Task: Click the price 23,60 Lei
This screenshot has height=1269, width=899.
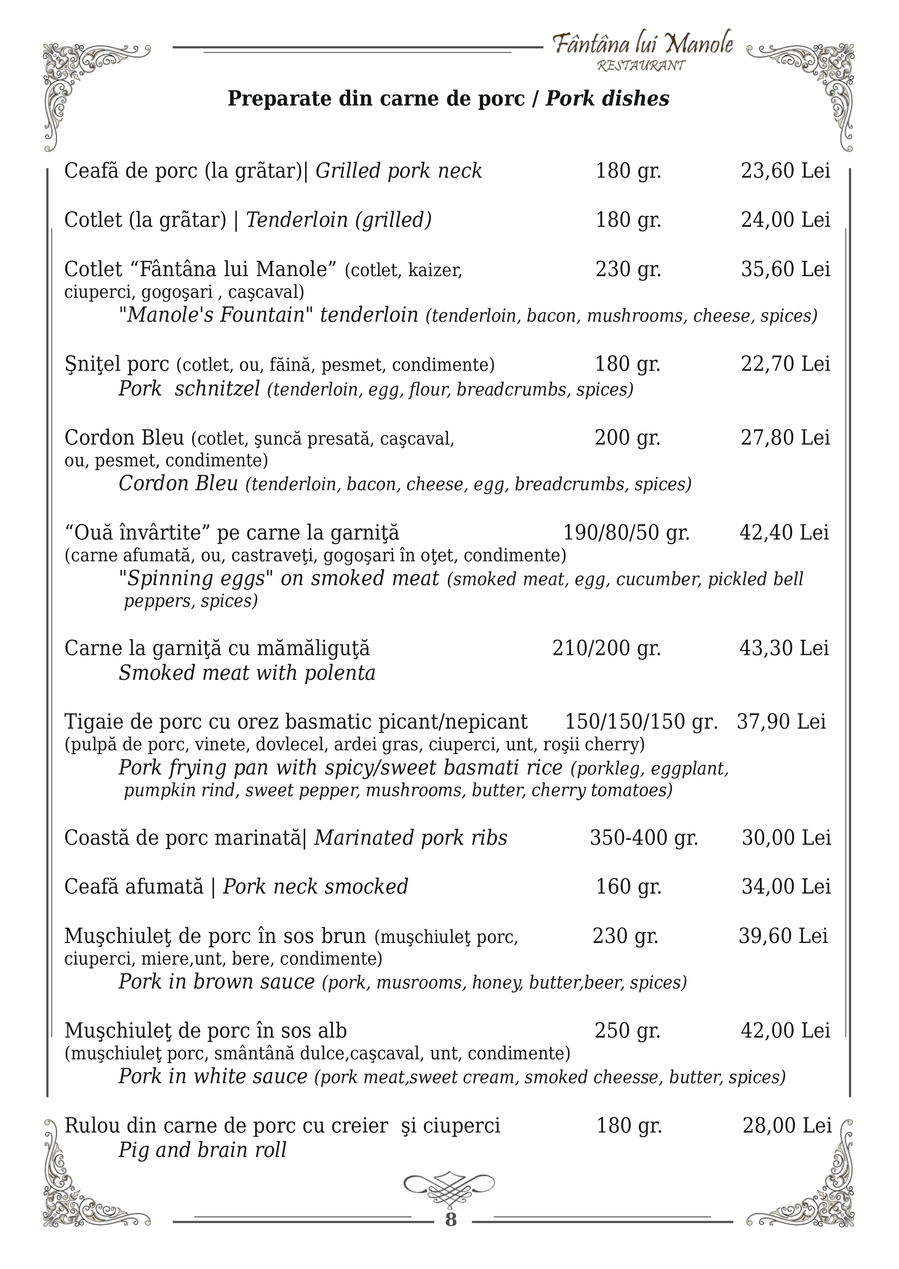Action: (x=786, y=171)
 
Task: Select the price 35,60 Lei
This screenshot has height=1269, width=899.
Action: (x=786, y=270)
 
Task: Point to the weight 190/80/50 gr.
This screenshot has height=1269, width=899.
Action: (x=626, y=532)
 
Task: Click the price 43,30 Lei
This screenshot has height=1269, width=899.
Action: (x=784, y=648)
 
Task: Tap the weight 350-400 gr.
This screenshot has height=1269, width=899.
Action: (x=644, y=838)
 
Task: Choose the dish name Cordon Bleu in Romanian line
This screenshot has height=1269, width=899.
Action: (x=124, y=438)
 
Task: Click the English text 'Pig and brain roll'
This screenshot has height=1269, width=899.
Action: (x=202, y=1150)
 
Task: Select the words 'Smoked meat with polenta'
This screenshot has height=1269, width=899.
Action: (x=247, y=673)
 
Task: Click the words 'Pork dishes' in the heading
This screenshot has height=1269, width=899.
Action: (x=607, y=99)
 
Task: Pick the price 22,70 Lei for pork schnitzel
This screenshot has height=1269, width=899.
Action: (x=786, y=364)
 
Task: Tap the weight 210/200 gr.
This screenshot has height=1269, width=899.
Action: (x=607, y=648)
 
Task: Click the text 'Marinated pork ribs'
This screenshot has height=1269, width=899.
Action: (x=411, y=838)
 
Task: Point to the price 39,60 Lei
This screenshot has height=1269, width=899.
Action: (x=783, y=936)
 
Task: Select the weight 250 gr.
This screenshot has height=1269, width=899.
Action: (x=628, y=1031)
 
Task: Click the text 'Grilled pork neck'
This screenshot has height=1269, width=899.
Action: (x=398, y=171)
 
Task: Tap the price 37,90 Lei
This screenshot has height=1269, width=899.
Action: (x=781, y=722)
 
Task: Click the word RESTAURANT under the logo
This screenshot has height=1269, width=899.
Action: (x=641, y=66)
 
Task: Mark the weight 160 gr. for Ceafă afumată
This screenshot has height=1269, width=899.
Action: (x=628, y=887)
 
